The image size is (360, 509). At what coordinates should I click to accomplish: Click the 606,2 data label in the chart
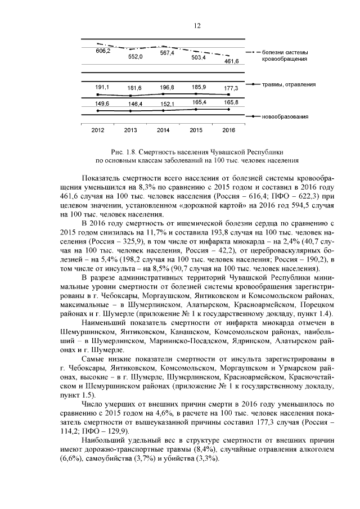103,51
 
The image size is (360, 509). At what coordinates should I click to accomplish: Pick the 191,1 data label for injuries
102,88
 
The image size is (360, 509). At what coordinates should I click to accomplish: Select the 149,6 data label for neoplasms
102,103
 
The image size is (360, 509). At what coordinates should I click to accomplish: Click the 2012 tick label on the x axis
98,130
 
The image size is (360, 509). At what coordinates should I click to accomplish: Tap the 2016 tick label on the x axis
228,130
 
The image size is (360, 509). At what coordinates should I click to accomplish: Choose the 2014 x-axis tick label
163,130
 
